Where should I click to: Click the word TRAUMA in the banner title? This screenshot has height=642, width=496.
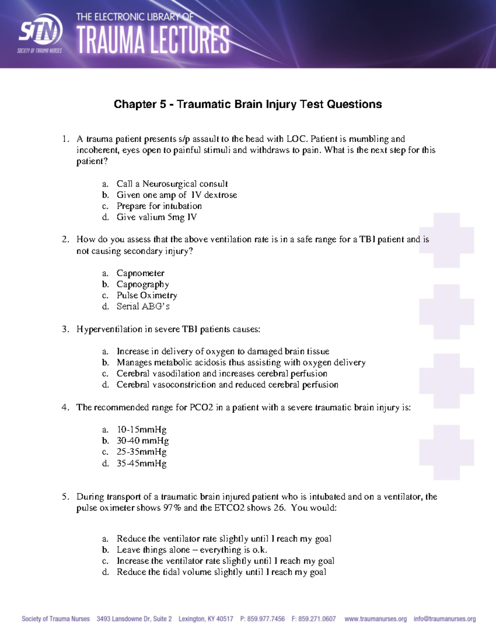(x=111, y=40)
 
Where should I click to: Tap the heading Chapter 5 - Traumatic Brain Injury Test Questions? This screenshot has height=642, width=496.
(x=248, y=104)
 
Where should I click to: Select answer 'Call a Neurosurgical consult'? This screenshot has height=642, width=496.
(x=172, y=184)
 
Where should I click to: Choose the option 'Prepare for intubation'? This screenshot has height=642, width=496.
(x=159, y=206)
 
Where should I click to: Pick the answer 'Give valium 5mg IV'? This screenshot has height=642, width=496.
(x=156, y=217)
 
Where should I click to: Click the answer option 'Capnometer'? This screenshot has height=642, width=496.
(x=140, y=273)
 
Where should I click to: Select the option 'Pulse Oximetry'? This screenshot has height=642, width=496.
(x=146, y=295)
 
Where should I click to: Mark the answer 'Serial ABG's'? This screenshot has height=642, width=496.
(x=143, y=306)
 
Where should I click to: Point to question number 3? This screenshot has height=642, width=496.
(x=65, y=329)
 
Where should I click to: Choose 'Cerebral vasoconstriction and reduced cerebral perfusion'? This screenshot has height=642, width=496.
(x=227, y=385)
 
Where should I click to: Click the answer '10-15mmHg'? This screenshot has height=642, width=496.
(x=141, y=430)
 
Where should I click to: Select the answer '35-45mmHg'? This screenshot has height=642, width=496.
(x=141, y=463)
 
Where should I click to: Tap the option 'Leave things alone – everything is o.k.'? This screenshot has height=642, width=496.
(x=192, y=550)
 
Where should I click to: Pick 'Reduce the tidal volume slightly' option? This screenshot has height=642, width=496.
(x=221, y=572)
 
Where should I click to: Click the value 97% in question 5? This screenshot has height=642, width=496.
(x=172, y=508)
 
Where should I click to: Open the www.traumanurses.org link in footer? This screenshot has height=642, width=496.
(x=375, y=619)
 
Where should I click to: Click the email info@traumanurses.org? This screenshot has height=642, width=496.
(x=444, y=619)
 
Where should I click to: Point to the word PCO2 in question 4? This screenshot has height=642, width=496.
(x=201, y=408)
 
